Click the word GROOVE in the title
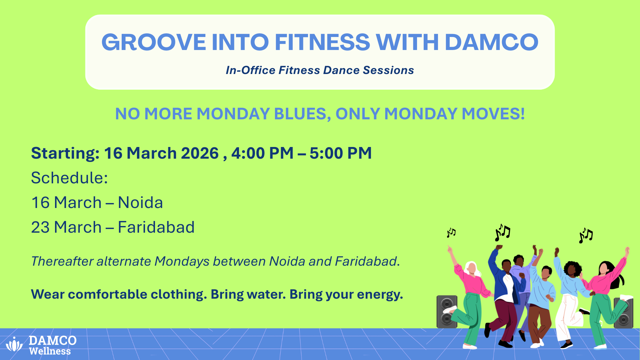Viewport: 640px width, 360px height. click(154, 42)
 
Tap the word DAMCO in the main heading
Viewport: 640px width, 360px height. click(491, 42)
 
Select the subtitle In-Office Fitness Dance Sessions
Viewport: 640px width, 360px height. click(320, 70)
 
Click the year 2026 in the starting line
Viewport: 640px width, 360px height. click(200, 153)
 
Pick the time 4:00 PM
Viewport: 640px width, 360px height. click(262, 153)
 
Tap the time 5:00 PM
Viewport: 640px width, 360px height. click(340, 153)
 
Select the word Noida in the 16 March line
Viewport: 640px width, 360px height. click(140, 203)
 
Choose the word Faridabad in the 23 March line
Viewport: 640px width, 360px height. click(156, 227)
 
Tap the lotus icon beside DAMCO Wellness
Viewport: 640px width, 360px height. click(14, 344)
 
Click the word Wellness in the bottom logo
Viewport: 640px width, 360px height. click(50, 351)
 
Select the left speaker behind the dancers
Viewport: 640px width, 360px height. click(447, 312)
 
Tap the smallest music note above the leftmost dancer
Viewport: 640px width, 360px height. click(451, 232)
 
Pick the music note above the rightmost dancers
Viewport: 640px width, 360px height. click(586, 235)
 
